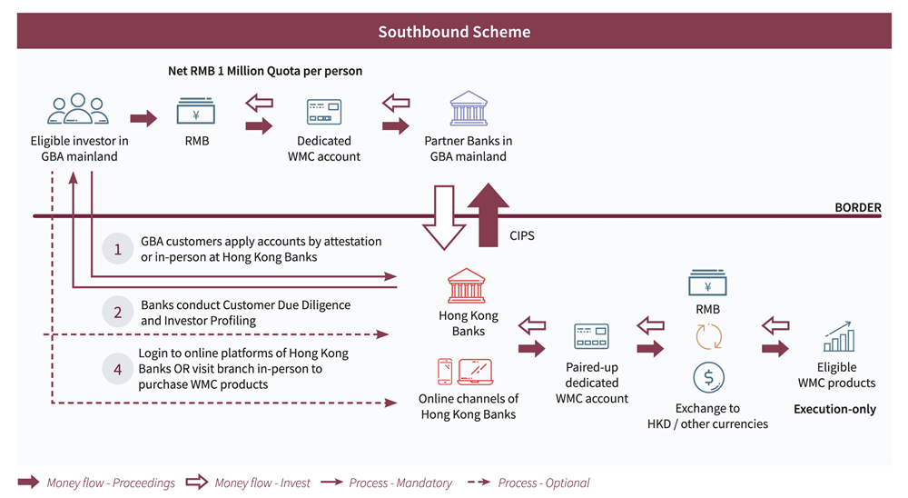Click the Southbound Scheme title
tap(454, 32)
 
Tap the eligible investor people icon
tap(78, 110)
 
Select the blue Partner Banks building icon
tap(468, 109)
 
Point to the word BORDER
tap(858, 207)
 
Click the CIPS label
tap(522, 236)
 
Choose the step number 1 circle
tap(117, 249)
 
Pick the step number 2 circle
tap(117, 312)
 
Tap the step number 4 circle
tap(117, 369)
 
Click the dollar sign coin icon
tap(707, 376)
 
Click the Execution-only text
tap(834, 409)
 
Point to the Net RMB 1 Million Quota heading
tap(265, 71)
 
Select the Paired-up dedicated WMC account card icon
tap(591, 337)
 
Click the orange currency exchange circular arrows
tap(707, 337)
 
